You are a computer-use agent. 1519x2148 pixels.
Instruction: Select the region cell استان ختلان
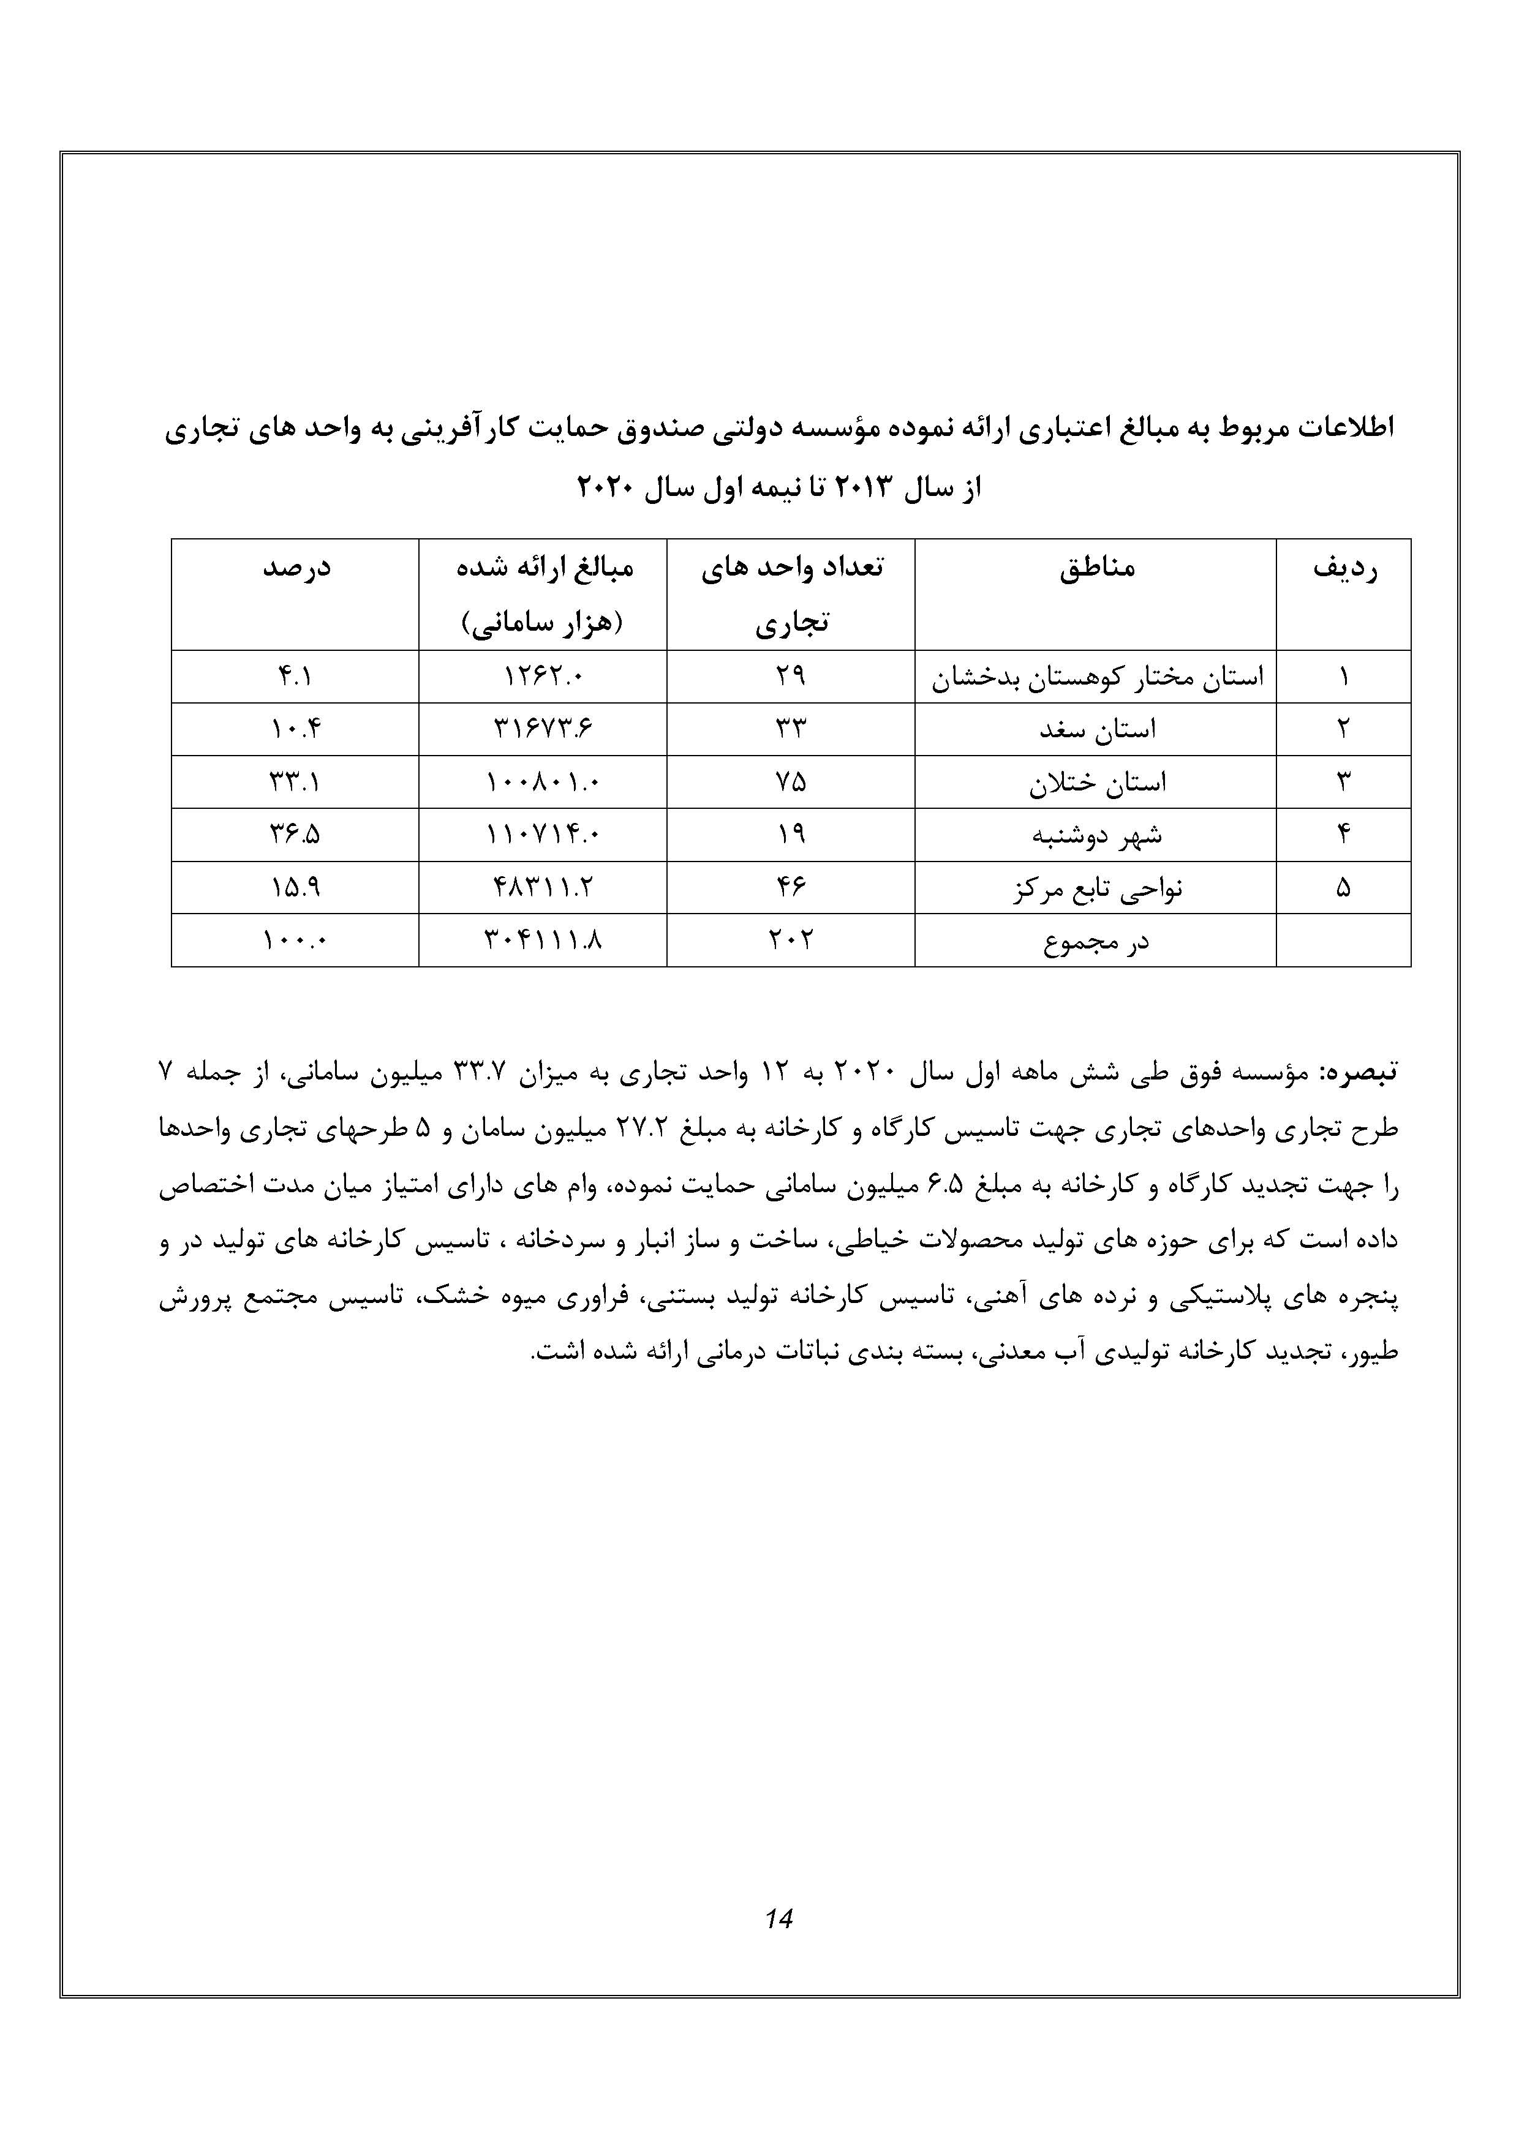[1097, 782]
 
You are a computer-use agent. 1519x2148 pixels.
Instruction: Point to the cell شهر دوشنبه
[1097, 835]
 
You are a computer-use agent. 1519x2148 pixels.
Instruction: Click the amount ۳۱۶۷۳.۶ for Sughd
[543, 729]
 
